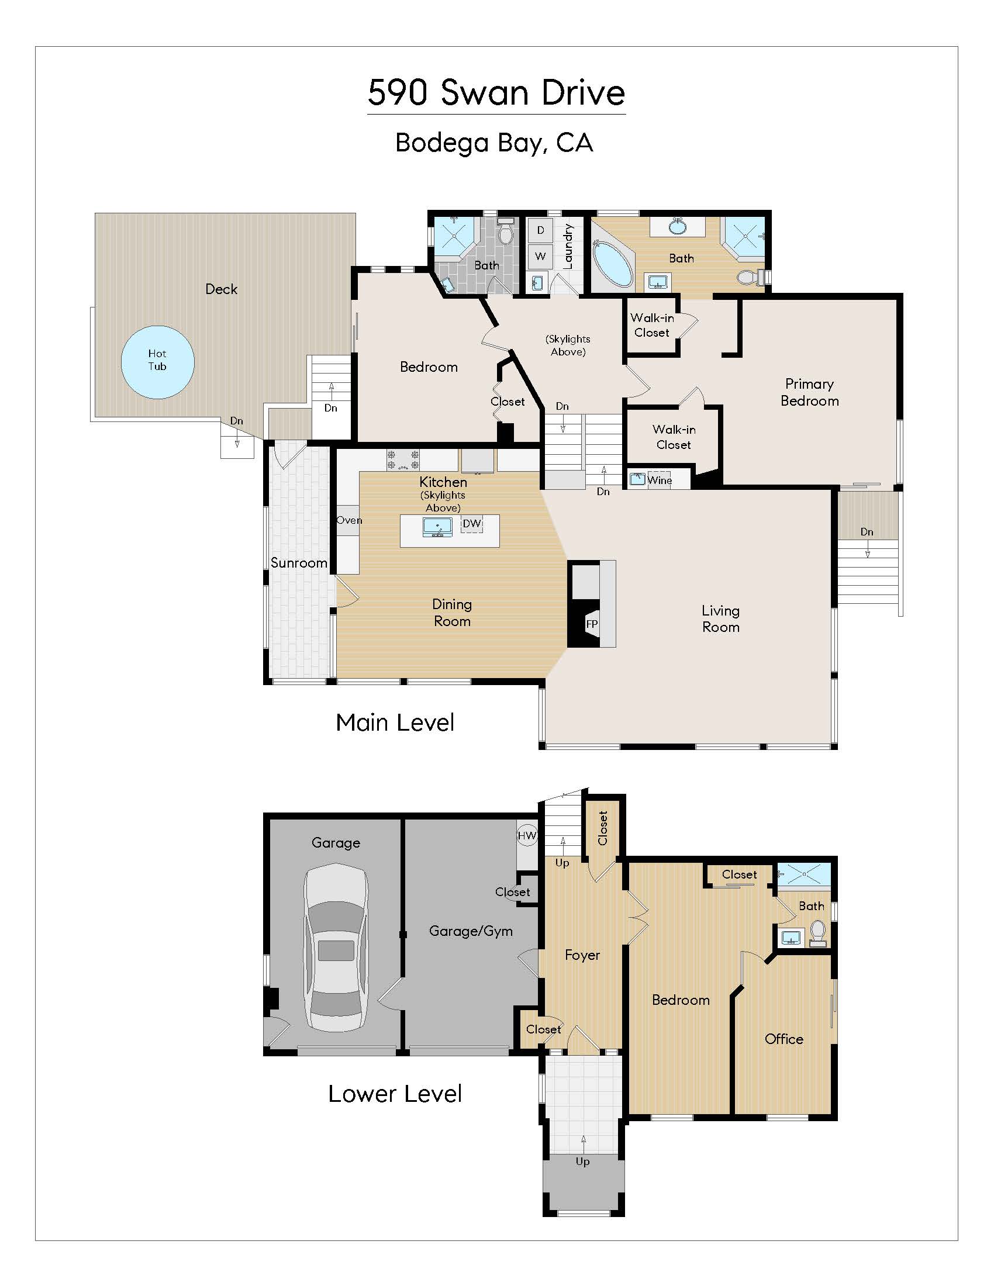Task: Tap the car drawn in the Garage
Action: point(336,948)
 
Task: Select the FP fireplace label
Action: point(592,624)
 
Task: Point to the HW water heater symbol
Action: point(527,835)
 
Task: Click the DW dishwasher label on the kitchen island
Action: point(472,524)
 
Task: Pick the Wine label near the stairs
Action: point(659,480)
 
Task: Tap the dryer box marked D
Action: point(540,230)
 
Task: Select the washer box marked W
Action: point(540,256)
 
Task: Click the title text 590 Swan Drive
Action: point(496,92)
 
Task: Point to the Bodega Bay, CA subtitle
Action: point(493,143)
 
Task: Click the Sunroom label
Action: point(299,563)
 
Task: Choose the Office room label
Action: point(784,1039)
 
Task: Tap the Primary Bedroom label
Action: point(809,392)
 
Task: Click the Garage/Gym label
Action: point(471,931)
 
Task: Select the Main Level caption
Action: point(395,722)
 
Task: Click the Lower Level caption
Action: point(395,1094)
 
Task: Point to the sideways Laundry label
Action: point(568,246)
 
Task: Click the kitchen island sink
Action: point(437,526)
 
